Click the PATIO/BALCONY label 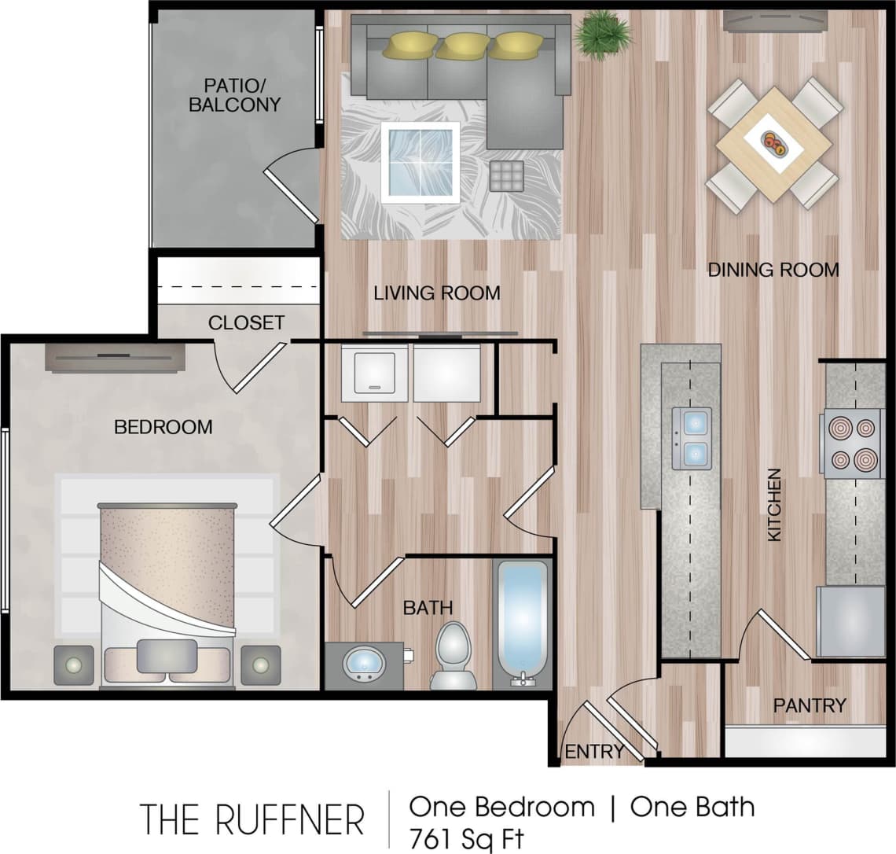(x=234, y=94)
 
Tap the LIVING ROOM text (x=436, y=293)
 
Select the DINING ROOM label (x=773, y=270)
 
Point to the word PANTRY (x=810, y=705)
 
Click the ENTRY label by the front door (x=593, y=751)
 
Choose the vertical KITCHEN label (x=774, y=505)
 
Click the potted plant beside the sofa (x=602, y=34)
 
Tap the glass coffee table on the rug (x=420, y=163)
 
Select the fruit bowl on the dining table (x=774, y=142)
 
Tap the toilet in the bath (x=454, y=653)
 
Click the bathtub (x=522, y=621)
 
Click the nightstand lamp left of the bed (x=74, y=665)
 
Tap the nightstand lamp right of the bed (x=260, y=665)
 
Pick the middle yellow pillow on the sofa (x=462, y=46)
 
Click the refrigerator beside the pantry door (x=850, y=621)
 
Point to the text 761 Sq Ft (x=465, y=837)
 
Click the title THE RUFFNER (x=252, y=819)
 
